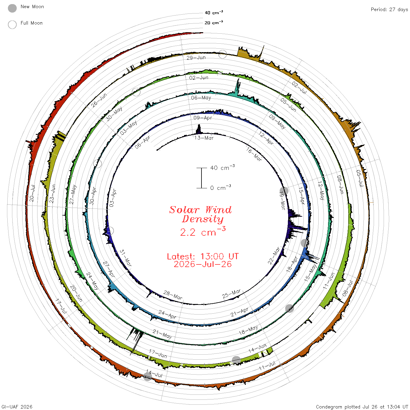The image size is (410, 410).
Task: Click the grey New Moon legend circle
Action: click(x=12, y=8)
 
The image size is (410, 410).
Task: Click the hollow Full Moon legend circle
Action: click(x=12, y=25)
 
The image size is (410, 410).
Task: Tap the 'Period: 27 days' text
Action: click(x=389, y=10)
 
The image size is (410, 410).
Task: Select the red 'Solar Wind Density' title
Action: click(x=200, y=214)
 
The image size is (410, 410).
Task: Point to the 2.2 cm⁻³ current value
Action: click(x=203, y=231)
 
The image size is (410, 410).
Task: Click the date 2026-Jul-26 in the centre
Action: click(x=203, y=264)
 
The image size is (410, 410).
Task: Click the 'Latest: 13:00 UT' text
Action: click(x=203, y=256)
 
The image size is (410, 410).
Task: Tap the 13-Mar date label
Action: click(x=204, y=138)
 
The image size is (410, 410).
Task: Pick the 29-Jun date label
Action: click(x=196, y=58)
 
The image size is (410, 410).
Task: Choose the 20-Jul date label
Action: click(x=32, y=193)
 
